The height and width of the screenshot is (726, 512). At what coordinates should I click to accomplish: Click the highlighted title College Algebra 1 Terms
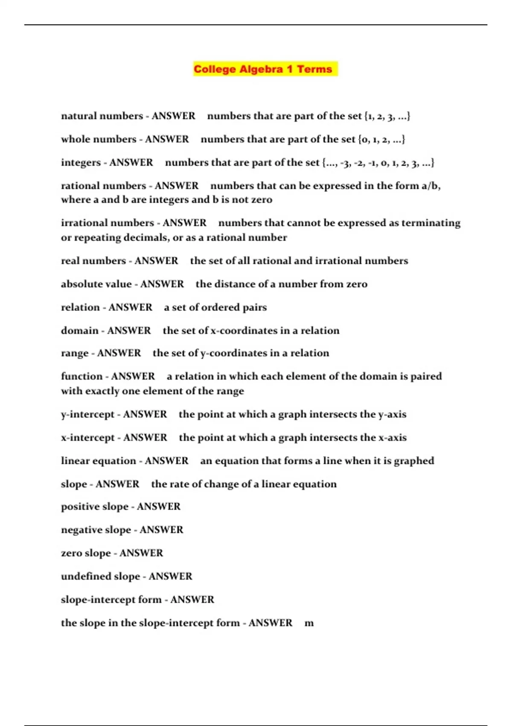[263, 69]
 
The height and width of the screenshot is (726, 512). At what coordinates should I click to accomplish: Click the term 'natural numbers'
[96, 116]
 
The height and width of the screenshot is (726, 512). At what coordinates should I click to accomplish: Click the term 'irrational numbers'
[108, 223]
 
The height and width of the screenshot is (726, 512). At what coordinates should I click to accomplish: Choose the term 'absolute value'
[96, 284]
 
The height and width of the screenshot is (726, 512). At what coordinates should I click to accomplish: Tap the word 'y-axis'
[392, 414]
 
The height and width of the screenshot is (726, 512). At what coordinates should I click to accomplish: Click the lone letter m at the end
[309, 623]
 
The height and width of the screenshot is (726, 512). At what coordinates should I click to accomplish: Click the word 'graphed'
[414, 461]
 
